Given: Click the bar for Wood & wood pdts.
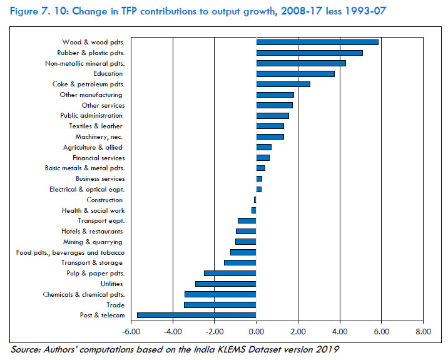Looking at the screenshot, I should click(x=317, y=42).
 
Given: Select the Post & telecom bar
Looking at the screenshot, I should click(x=196, y=315).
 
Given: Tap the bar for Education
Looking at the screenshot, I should click(x=295, y=74).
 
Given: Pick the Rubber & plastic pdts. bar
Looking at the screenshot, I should click(x=309, y=53).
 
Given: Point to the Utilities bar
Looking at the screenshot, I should click(x=226, y=284).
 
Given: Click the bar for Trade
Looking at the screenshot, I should click(x=220, y=305).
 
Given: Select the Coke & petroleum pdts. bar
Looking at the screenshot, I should click(x=283, y=84).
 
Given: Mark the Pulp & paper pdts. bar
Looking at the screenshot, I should click(x=230, y=273).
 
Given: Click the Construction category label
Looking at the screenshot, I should click(x=104, y=200).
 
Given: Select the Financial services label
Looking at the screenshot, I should click(x=98, y=158).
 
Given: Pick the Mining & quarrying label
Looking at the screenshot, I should click(x=93, y=242).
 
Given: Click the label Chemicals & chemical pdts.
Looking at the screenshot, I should click(x=83, y=294).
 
